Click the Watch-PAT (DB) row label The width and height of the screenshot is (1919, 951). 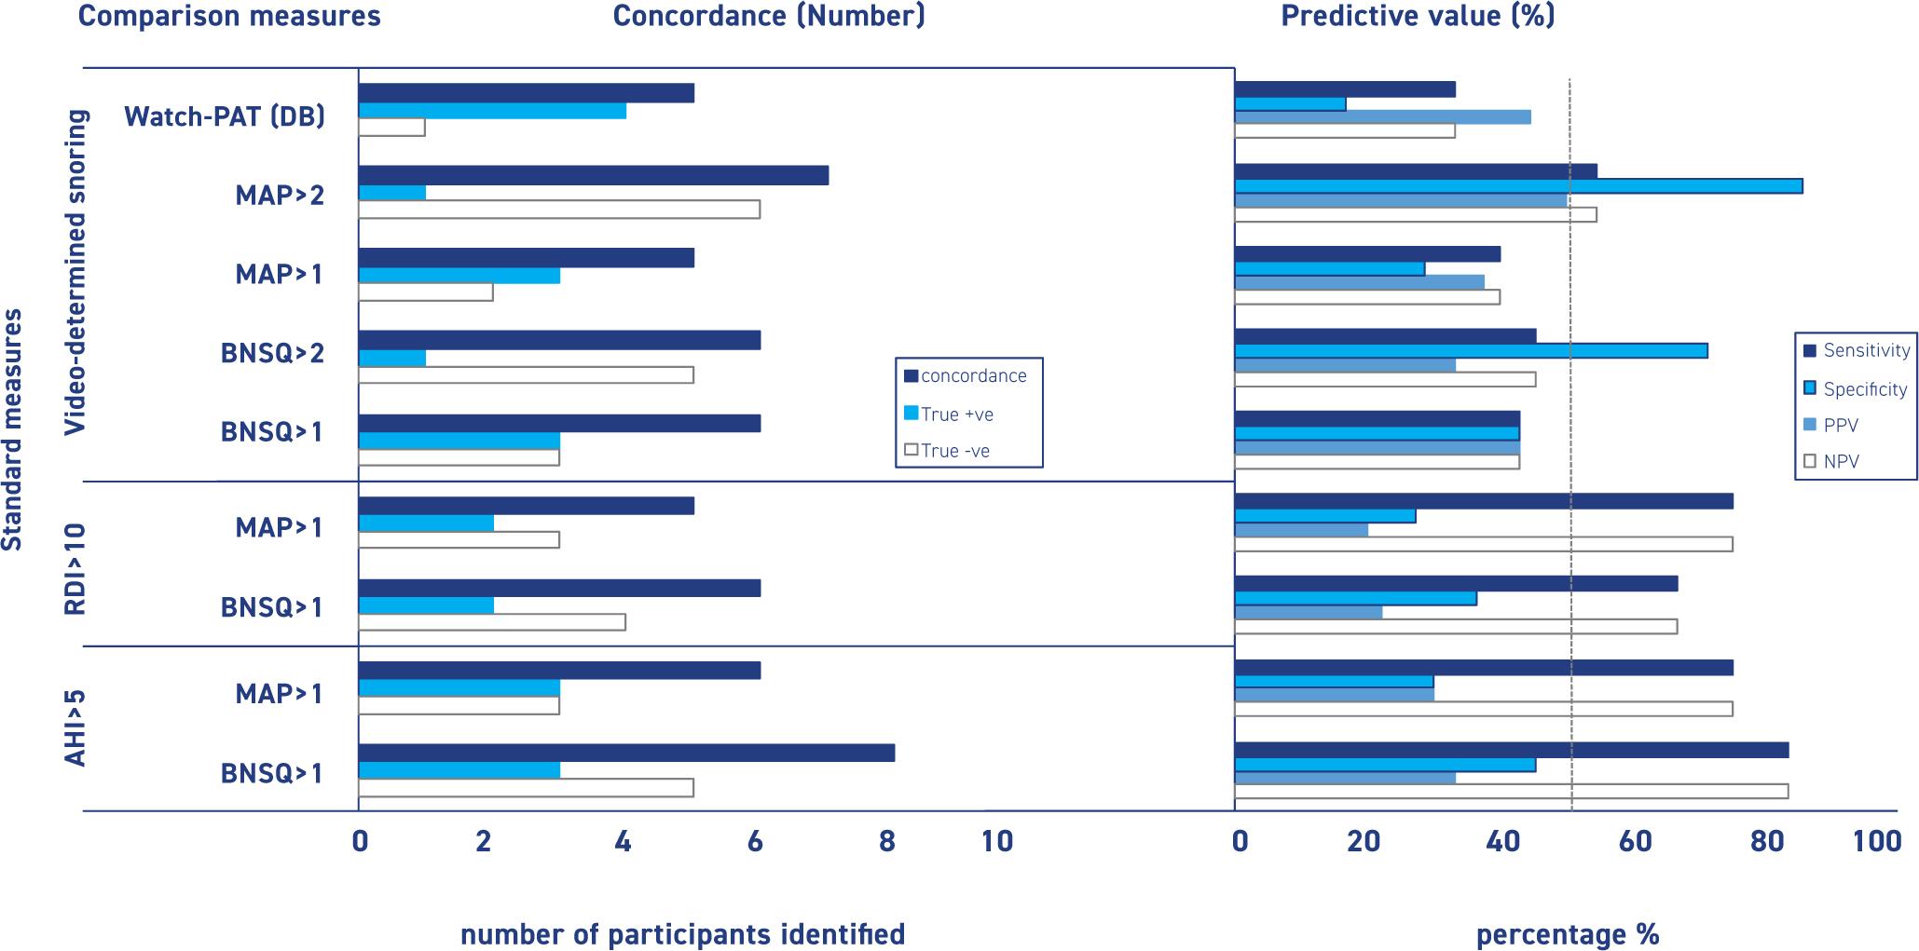[x=225, y=116]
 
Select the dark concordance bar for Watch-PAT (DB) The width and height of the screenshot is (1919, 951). [x=526, y=93]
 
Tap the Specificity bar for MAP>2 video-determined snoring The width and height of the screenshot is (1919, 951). [x=1517, y=186]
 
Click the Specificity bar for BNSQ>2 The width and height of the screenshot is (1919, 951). [x=1471, y=350]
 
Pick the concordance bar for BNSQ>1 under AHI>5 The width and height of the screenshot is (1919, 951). [x=626, y=753]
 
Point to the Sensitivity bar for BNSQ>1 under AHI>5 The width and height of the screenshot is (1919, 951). [x=1511, y=750]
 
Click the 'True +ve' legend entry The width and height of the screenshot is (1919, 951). [x=955, y=414]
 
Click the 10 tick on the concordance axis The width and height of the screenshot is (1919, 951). [x=996, y=842]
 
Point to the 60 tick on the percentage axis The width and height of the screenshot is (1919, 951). [x=1636, y=842]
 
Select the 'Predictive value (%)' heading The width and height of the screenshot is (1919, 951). [x=1418, y=16]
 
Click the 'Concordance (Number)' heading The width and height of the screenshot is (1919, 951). [x=769, y=16]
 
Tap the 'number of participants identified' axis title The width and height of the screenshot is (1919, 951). [x=682, y=934]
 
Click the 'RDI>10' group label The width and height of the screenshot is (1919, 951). [x=75, y=568]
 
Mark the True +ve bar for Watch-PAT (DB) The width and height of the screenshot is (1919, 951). [x=492, y=111]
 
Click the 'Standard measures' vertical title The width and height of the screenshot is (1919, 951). [x=12, y=430]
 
